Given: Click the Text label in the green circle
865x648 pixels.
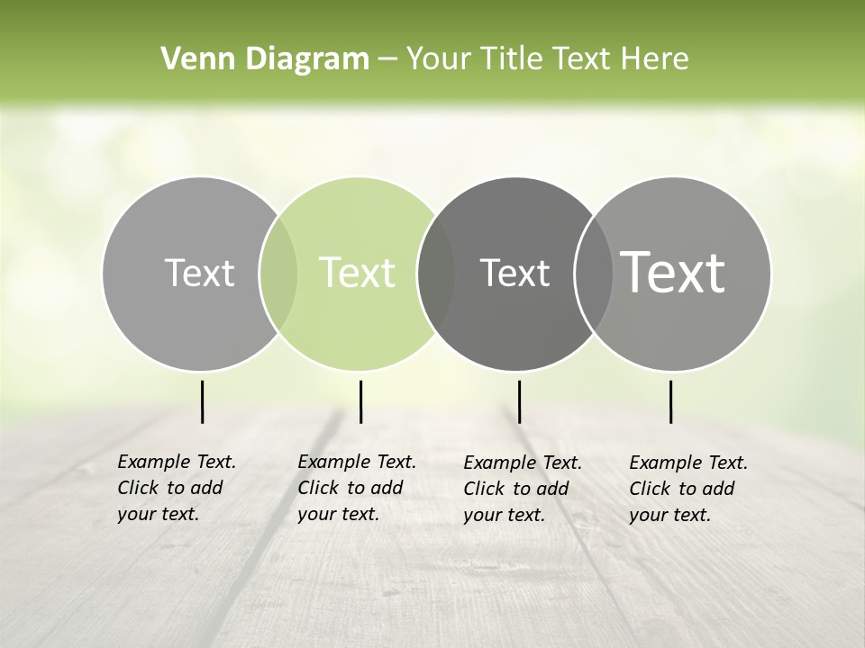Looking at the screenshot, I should pyautogui.click(x=357, y=273).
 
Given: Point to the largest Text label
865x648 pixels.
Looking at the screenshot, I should pyautogui.click(x=673, y=273).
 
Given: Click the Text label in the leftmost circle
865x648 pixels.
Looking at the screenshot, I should pyautogui.click(x=199, y=273).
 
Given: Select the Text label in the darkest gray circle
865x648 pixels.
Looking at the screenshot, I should pyautogui.click(x=514, y=273).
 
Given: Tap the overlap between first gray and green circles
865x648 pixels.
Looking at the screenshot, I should pyautogui.click(x=278, y=274).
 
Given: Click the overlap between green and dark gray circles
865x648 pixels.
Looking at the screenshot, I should pyautogui.click(x=436, y=274).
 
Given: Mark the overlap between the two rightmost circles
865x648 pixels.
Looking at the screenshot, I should pyautogui.click(x=592, y=274).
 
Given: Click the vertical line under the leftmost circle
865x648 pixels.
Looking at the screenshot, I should pyautogui.click(x=202, y=401).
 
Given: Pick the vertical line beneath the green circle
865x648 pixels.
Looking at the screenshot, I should pyautogui.click(x=360, y=401).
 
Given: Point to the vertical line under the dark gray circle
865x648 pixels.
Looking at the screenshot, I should pyautogui.click(x=519, y=401).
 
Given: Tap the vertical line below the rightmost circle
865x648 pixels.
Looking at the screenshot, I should pyautogui.click(x=670, y=401).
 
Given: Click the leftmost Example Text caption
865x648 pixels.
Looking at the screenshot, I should pyautogui.click(x=176, y=488).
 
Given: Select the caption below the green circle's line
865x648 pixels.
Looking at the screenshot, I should pyautogui.click(x=356, y=488).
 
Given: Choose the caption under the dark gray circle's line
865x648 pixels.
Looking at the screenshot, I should pyautogui.click(x=522, y=489).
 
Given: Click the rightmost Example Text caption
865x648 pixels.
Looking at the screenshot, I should pyautogui.click(x=687, y=489).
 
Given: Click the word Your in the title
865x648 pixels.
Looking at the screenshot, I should pyautogui.click(x=440, y=59).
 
